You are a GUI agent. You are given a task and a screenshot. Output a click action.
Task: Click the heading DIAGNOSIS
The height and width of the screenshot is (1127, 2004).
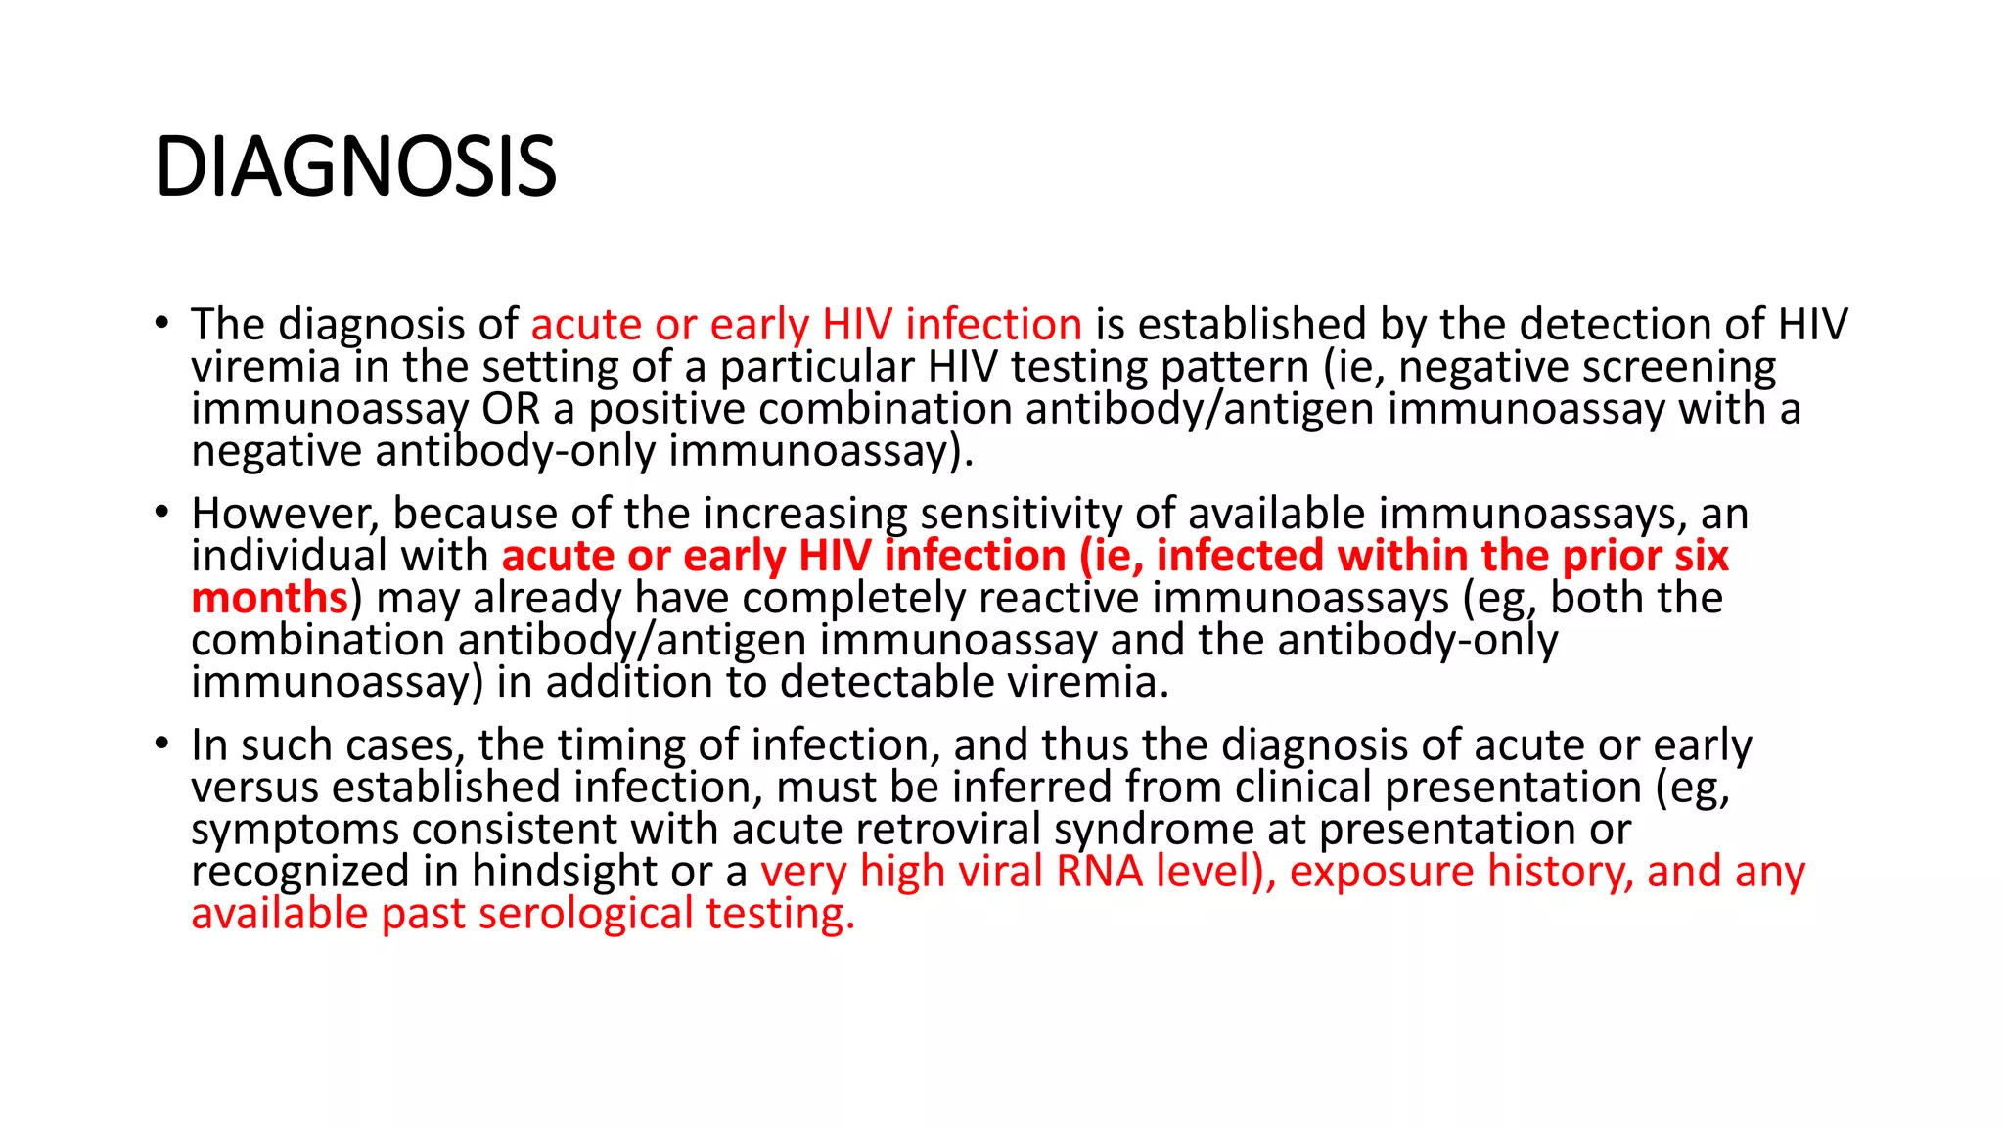pyautogui.click(x=356, y=167)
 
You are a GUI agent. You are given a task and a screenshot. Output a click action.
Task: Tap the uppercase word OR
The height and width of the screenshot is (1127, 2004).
pyautogui.click(x=511, y=409)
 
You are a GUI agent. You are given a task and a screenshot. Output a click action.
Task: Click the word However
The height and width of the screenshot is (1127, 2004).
pyautogui.click(x=285, y=515)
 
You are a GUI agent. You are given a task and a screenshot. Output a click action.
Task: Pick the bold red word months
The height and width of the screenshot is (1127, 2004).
pyautogui.click(x=270, y=598)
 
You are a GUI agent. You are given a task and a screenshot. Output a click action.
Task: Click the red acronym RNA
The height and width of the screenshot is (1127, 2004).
pyautogui.click(x=1100, y=872)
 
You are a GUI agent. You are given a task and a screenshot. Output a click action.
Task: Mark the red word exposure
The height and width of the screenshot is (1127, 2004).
pyautogui.click(x=1381, y=872)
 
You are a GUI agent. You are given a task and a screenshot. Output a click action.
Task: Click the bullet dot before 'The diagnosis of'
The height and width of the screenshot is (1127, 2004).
pyautogui.click(x=161, y=323)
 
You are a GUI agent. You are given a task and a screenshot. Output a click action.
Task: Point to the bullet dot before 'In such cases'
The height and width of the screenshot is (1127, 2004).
pyautogui.click(x=161, y=744)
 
